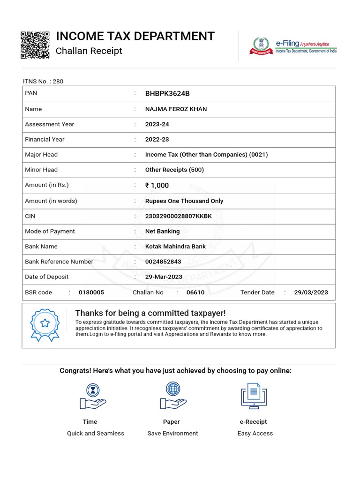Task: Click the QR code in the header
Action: point(35,45)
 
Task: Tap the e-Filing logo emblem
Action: point(261,46)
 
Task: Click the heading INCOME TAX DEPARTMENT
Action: point(135,36)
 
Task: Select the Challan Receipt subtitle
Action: point(89,51)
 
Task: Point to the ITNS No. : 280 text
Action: point(43,81)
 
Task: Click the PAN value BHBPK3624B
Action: point(167,93)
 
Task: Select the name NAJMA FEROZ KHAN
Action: point(176,109)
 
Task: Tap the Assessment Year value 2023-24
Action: point(157,124)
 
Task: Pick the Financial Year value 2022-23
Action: point(157,139)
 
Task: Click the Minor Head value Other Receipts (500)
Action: point(174,170)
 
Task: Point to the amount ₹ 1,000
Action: point(157,185)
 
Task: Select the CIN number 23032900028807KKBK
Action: point(179,216)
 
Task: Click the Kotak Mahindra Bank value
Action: point(175,246)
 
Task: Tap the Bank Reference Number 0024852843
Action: point(163,262)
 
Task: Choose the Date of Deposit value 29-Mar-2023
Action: point(164,277)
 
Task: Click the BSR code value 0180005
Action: point(91,292)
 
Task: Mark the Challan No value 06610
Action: point(195,292)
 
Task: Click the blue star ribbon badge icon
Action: point(45,324)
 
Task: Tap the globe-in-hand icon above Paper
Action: point(173,396)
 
